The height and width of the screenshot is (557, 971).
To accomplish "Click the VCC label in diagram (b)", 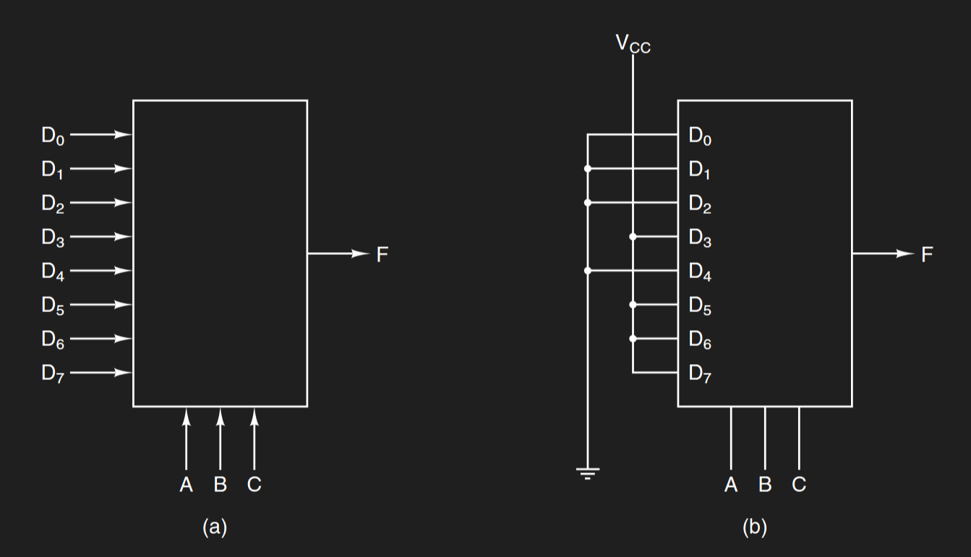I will click(x=633, y=43).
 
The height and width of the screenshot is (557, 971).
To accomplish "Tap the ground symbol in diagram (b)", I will click(x=587, y=474).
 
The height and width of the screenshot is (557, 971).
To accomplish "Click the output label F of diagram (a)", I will click(x=382, y=254).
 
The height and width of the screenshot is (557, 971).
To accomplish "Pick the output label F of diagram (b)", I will click(x=927, y=254).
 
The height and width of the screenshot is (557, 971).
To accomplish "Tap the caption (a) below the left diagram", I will click(x=215, y=527).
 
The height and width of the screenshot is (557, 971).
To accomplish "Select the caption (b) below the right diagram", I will click(x=755, y=527).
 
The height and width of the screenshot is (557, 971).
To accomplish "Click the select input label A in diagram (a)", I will click(x=187, y=485).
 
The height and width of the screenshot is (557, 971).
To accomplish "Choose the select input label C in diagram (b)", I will click(x=798, y=485).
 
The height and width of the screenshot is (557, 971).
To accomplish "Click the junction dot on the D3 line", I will click(x=633, y=237).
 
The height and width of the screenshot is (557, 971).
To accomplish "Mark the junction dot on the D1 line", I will click(x=587, y=169).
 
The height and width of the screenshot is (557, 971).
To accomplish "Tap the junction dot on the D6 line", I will click(x=633, y=339).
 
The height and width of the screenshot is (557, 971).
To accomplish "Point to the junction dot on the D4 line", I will click(x=587, y=271).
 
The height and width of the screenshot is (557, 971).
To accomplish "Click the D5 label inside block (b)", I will click(x=700, y=306).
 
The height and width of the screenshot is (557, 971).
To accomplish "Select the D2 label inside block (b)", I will click(x=700, y=204).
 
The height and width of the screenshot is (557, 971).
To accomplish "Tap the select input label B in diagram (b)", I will click(x=765, y=485).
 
